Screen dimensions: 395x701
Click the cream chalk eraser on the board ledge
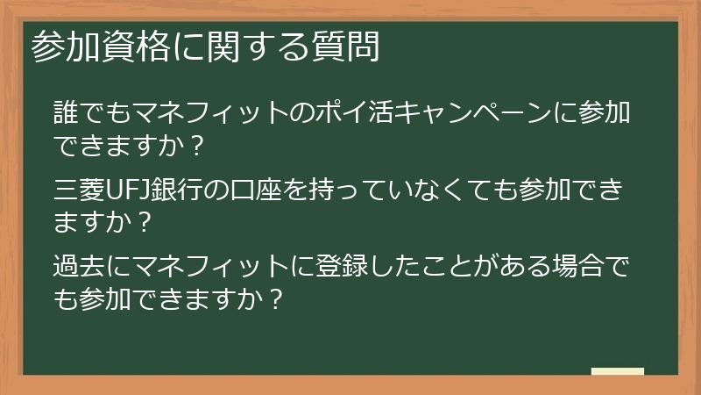pos(617,371)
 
